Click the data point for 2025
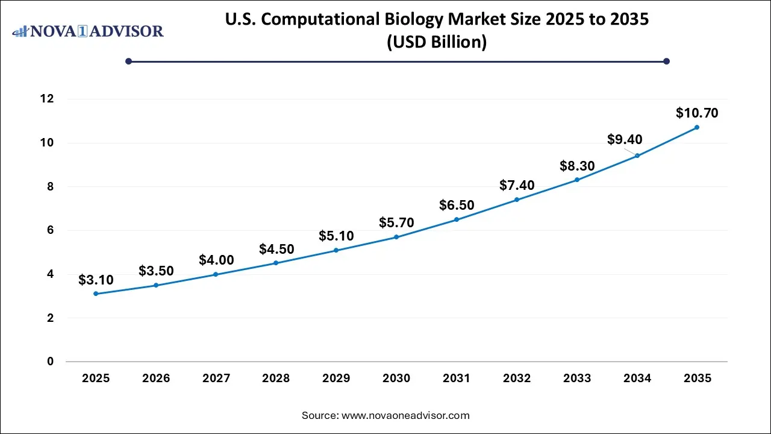point(96,294)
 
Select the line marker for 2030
point(396,237)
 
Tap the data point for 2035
point(697,127)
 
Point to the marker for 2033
point(576,180)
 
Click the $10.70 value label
point(697,113)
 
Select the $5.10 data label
point(336,236)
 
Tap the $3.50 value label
point(156,271)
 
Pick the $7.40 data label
point(517,185)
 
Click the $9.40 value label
point(625,140)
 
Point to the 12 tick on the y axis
point(48,99)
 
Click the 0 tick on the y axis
point(51,362)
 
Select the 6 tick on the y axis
point(51,230)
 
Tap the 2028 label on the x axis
point(276,379)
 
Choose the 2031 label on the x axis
point(457,379)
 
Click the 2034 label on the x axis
point(637,379)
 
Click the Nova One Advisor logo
point(88,31)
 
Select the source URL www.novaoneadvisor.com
point(405,415)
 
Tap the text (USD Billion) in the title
point(437,43)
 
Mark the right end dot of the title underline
point(666,61)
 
